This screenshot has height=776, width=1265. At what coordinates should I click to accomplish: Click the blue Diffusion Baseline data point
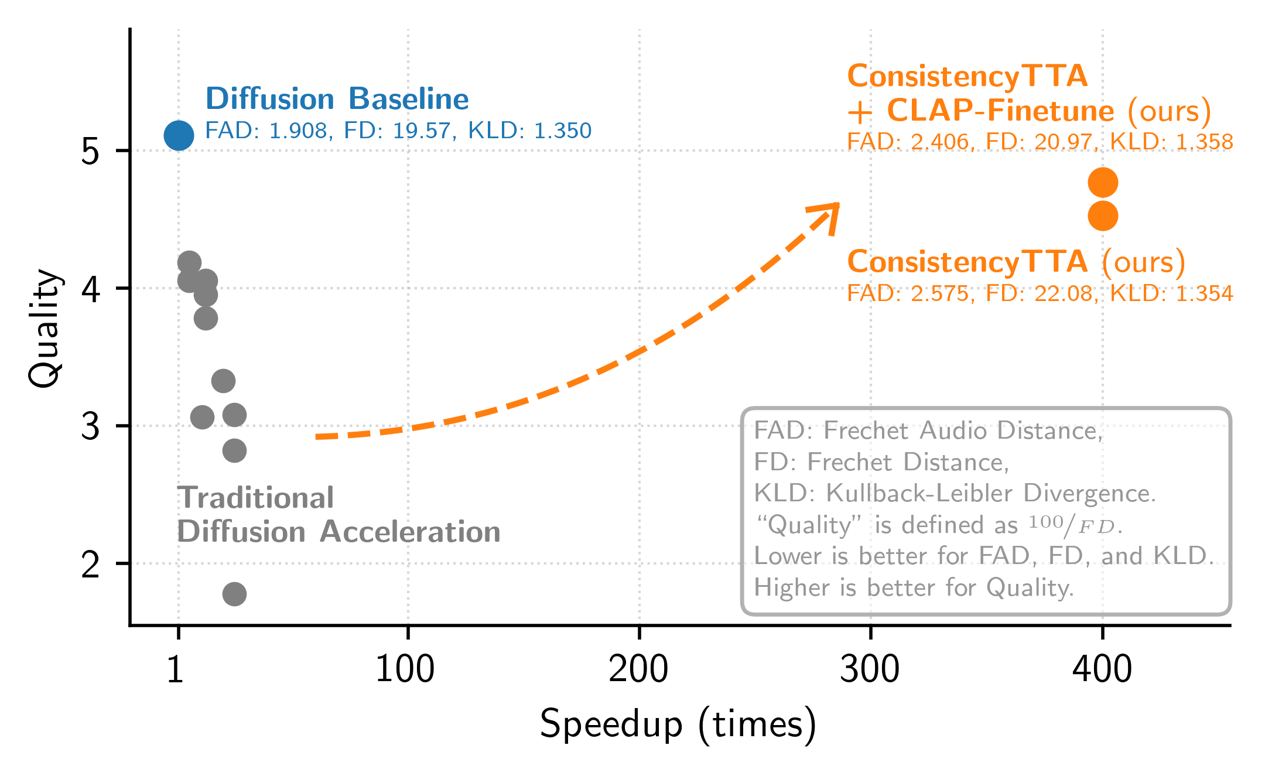(x=179, y=136)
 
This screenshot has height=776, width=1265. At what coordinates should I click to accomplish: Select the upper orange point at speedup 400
(x=1103, y=183)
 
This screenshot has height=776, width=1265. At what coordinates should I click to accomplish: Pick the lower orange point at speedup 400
(x=1103, y=216)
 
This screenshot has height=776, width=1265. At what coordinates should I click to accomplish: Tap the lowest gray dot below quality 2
(x=234, y=594)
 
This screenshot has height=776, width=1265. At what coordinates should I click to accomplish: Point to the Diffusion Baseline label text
(x=337, y=99)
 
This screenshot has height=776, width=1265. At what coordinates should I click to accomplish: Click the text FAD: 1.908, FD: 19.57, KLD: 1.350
(x=398, y=131)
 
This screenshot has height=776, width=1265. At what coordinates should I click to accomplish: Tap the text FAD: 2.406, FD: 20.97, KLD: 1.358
(x=1040, y=142)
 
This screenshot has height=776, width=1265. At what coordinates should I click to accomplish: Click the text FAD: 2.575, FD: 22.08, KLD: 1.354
(x=1040, y=293)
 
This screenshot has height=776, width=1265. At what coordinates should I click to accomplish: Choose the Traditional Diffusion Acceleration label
(x=338, y=515)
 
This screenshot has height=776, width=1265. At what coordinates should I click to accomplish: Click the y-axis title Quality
(x=45, y=328)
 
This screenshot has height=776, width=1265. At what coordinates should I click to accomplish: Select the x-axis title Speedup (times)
(x=678, y=724)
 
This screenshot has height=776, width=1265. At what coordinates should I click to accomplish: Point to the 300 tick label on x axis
(x=870, y=669)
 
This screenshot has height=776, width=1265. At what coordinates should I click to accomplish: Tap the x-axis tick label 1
(x=175, y=669)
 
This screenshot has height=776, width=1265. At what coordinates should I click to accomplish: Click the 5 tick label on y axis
(x=90, y=152)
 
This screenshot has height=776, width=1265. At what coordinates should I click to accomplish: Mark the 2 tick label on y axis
(x=90, y=565)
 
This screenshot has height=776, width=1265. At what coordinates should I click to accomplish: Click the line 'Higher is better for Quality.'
(x=914, y=587)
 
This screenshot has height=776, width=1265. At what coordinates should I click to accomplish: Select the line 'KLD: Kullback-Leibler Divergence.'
(x=955, y=493)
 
